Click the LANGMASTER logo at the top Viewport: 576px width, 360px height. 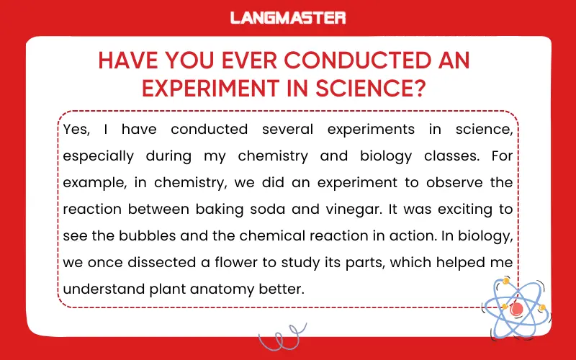pyautogui.click(x=288, y=17)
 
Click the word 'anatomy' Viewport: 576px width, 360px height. pyautogui.click(x=233, y=289)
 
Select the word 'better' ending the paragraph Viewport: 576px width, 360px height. pyautogui.click(x=284, y=289)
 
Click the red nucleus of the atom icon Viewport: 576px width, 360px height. pyautogui.click(x=516, y=308)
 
